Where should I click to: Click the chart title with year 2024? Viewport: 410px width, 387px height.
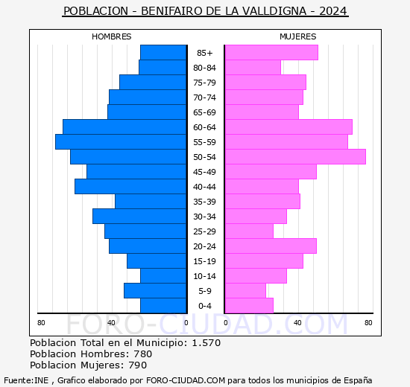(x=205, y=11)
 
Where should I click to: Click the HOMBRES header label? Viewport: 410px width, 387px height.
(x=111, y=36)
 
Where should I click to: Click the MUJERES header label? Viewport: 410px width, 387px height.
(x=297, y=36)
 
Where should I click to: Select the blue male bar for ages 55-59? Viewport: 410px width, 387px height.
(x=121, y=141)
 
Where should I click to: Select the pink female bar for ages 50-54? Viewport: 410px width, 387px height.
(x=295, y=156)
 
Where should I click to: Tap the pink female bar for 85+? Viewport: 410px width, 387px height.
(x=271, y=52)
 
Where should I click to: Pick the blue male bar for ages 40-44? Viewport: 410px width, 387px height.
(x=130, y=186)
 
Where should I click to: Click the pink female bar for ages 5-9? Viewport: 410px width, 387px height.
(x=245, y=290)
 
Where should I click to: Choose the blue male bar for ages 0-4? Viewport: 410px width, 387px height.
(x=163, y=305)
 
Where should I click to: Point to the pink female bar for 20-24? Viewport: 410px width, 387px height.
(x=271, y=246)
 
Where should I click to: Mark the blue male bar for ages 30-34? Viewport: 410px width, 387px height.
(x=139, y=216)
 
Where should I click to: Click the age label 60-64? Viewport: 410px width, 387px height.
(x=204, y=127)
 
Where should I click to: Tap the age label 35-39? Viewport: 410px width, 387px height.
(x=204, y=202)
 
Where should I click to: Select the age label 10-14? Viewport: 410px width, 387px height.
(x=204, y=276)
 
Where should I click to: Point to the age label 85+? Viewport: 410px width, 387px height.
(x=204, y=53)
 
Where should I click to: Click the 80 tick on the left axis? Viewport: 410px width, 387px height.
(x=41, y=322)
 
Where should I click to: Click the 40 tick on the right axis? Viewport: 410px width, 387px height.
(x=297, y=322)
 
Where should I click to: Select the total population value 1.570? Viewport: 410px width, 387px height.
(x=206, y=343)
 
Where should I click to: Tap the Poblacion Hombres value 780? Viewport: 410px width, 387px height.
(x=142, y=354)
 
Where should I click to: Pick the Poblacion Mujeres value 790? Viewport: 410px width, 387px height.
(x=139, y=365)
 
